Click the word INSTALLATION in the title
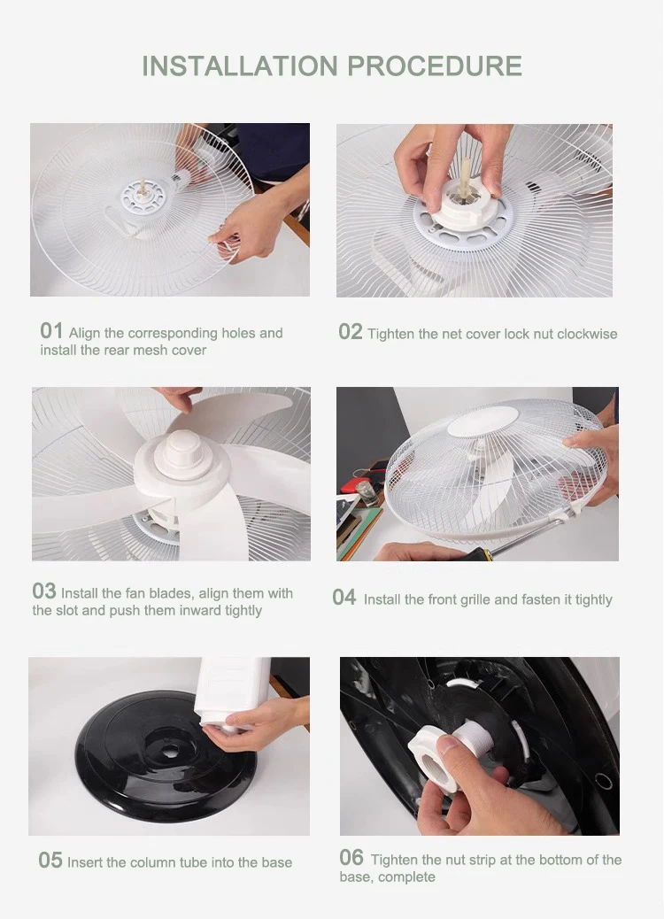pyautogui.click(x=240, y=66)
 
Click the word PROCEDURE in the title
pyautogui.click(x=435, y=66)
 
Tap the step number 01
pyautogui.click(x=51, y=331)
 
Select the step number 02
pyautogui.click(x=351, y=332)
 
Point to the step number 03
pyautogui.click(x=44, y=591)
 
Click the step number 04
pyautogui.click(x=344, y=598)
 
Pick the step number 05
pyautogui.click(x=50, y=861)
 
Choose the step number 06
pyautogui.click(x=351, y=857)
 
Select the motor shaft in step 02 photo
pyautogui.click(x=466, y=176)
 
